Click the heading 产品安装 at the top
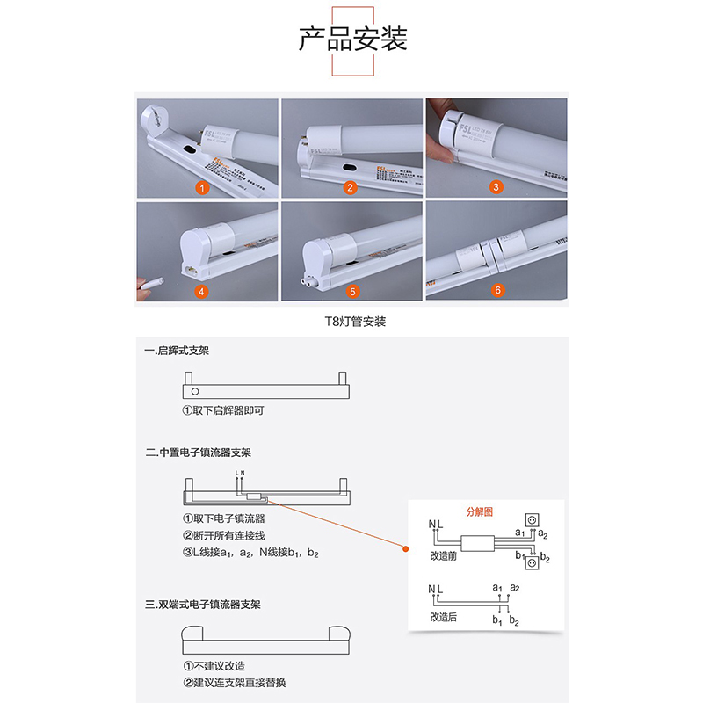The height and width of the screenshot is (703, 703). coord(352,40)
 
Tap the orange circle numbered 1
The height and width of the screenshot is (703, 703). coord(203,186)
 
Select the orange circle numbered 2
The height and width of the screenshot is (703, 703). coord(349,186)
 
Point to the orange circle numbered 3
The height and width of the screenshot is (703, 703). coord(496,186)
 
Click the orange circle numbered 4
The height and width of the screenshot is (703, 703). coord(203,291)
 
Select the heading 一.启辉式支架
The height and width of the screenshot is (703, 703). coord(177,351)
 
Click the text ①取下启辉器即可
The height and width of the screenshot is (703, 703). coord(222,410)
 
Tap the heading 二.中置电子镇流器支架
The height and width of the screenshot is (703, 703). coord(198,453)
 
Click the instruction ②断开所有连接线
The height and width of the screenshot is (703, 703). coord(223,535)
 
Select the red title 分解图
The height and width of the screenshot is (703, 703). coord(481,511)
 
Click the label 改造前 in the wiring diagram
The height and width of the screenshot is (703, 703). coord(445,557)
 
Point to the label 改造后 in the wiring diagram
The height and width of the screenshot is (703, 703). coord(445,618)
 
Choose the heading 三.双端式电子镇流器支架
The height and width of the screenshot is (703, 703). coord(202,605)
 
